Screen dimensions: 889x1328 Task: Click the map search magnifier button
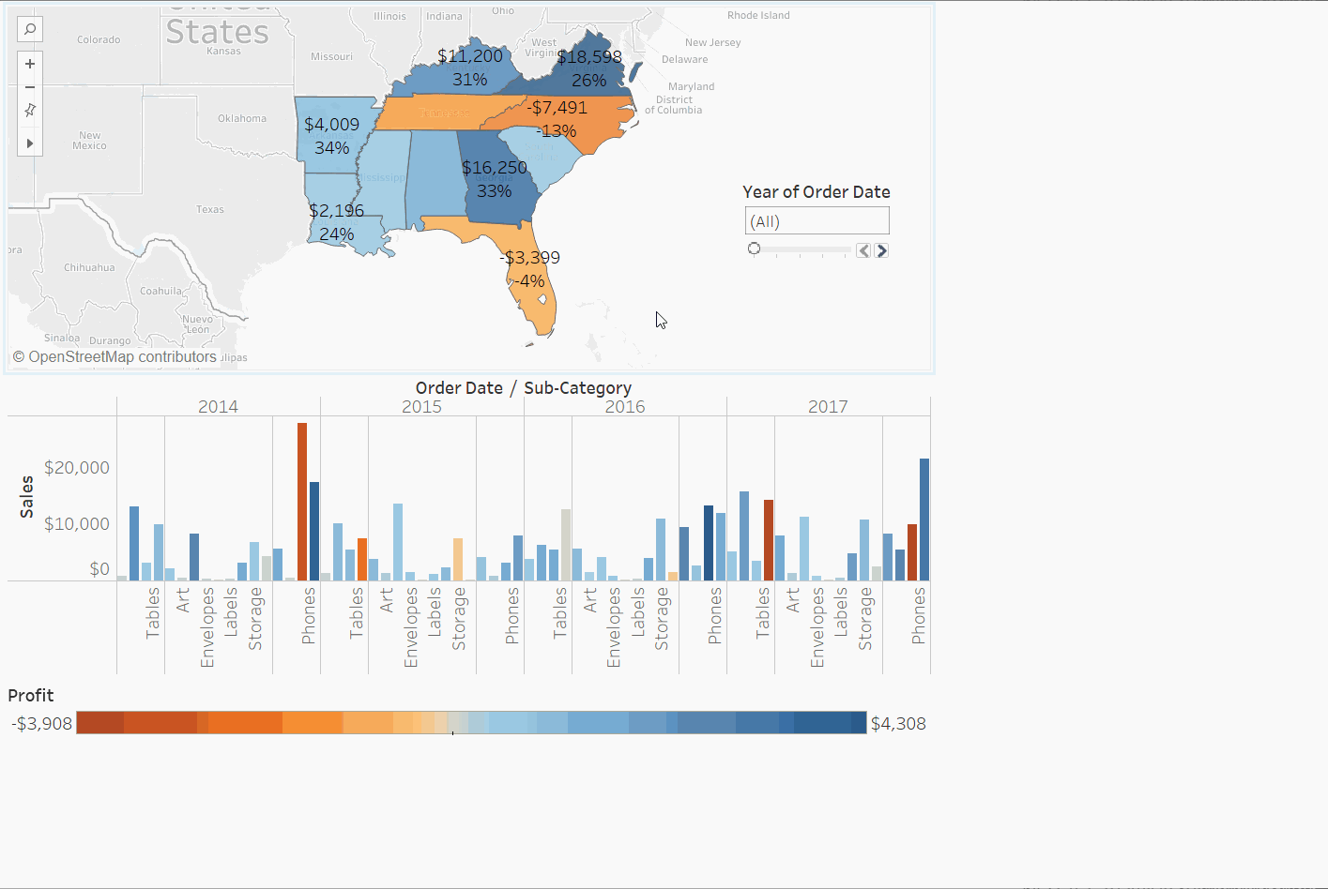[x=30, y=29]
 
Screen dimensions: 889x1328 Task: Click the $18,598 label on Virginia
[x=589, y=57]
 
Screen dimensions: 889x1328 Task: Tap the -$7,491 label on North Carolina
[x=557, y=108]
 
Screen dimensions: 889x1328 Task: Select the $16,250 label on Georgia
[x=495, y=168]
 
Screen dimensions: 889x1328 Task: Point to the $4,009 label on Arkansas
[x=331, y=125]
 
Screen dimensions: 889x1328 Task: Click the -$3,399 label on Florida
[x=530, y=258]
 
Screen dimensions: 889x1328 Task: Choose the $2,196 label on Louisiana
[x=336, y=211]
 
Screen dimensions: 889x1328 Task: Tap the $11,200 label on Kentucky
[x=470, y=56]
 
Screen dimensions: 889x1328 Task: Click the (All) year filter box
[x=817, y=221]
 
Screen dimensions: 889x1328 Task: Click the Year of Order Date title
[x=816, y=192]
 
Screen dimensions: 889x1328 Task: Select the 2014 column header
[x=218, y=407]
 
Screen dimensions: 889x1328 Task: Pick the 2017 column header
[x=828, y=407]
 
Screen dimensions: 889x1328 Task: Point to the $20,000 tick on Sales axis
[x=77, y=468]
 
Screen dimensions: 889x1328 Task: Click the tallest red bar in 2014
[x=302, y=502]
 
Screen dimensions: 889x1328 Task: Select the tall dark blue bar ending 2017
[x=924, y=520]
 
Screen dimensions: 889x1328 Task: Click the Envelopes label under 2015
[x=411, y=627]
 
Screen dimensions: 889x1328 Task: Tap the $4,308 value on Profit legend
[x=898, y=724]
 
